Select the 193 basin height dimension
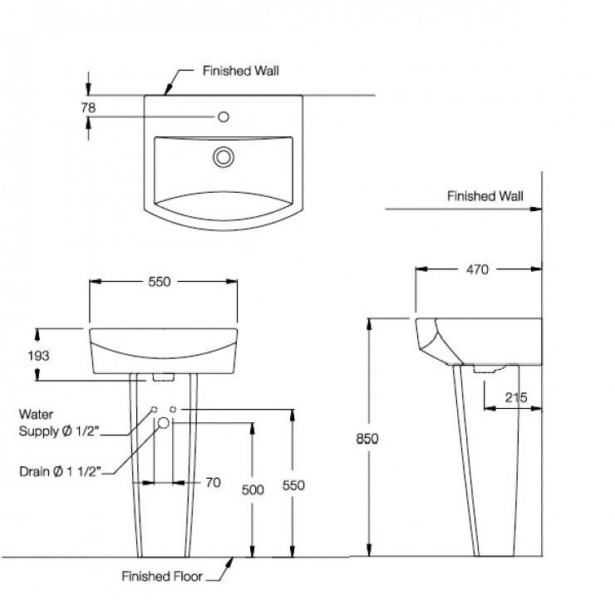click(38, 355)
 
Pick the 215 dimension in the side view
click(515, 398)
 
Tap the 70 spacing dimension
click(212, 482)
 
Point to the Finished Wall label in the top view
click(241, 71)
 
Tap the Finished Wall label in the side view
click(485, 197)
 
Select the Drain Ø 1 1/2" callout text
click(60, 471)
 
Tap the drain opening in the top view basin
click(223, 155)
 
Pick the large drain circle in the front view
click(164, 423)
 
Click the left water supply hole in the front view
click(154, 411)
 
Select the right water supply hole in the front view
click(174, 411)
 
